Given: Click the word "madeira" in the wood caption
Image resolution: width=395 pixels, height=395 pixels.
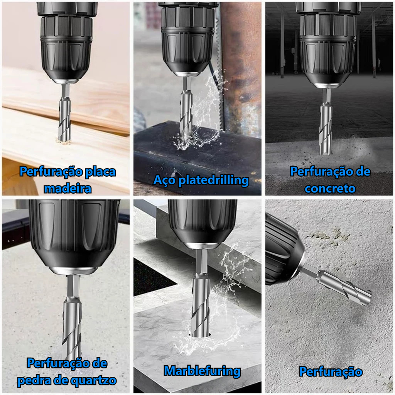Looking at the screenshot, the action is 68,189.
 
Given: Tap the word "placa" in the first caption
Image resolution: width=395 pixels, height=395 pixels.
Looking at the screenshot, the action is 100,172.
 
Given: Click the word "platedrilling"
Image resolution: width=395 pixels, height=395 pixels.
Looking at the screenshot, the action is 214,181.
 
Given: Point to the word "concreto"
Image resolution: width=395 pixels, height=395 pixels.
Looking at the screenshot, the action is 330,189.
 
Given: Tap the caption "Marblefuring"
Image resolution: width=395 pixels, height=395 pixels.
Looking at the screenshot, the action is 202,371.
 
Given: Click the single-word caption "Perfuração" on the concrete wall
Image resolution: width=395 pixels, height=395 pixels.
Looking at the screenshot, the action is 331,372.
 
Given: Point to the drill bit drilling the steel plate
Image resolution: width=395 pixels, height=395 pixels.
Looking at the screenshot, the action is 186,113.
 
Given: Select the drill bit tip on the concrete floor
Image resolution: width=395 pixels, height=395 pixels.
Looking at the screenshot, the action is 326,151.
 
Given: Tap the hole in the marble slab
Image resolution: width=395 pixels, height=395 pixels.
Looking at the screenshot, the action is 200,336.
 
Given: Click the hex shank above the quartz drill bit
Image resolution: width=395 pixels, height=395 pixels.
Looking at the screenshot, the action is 73,287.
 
